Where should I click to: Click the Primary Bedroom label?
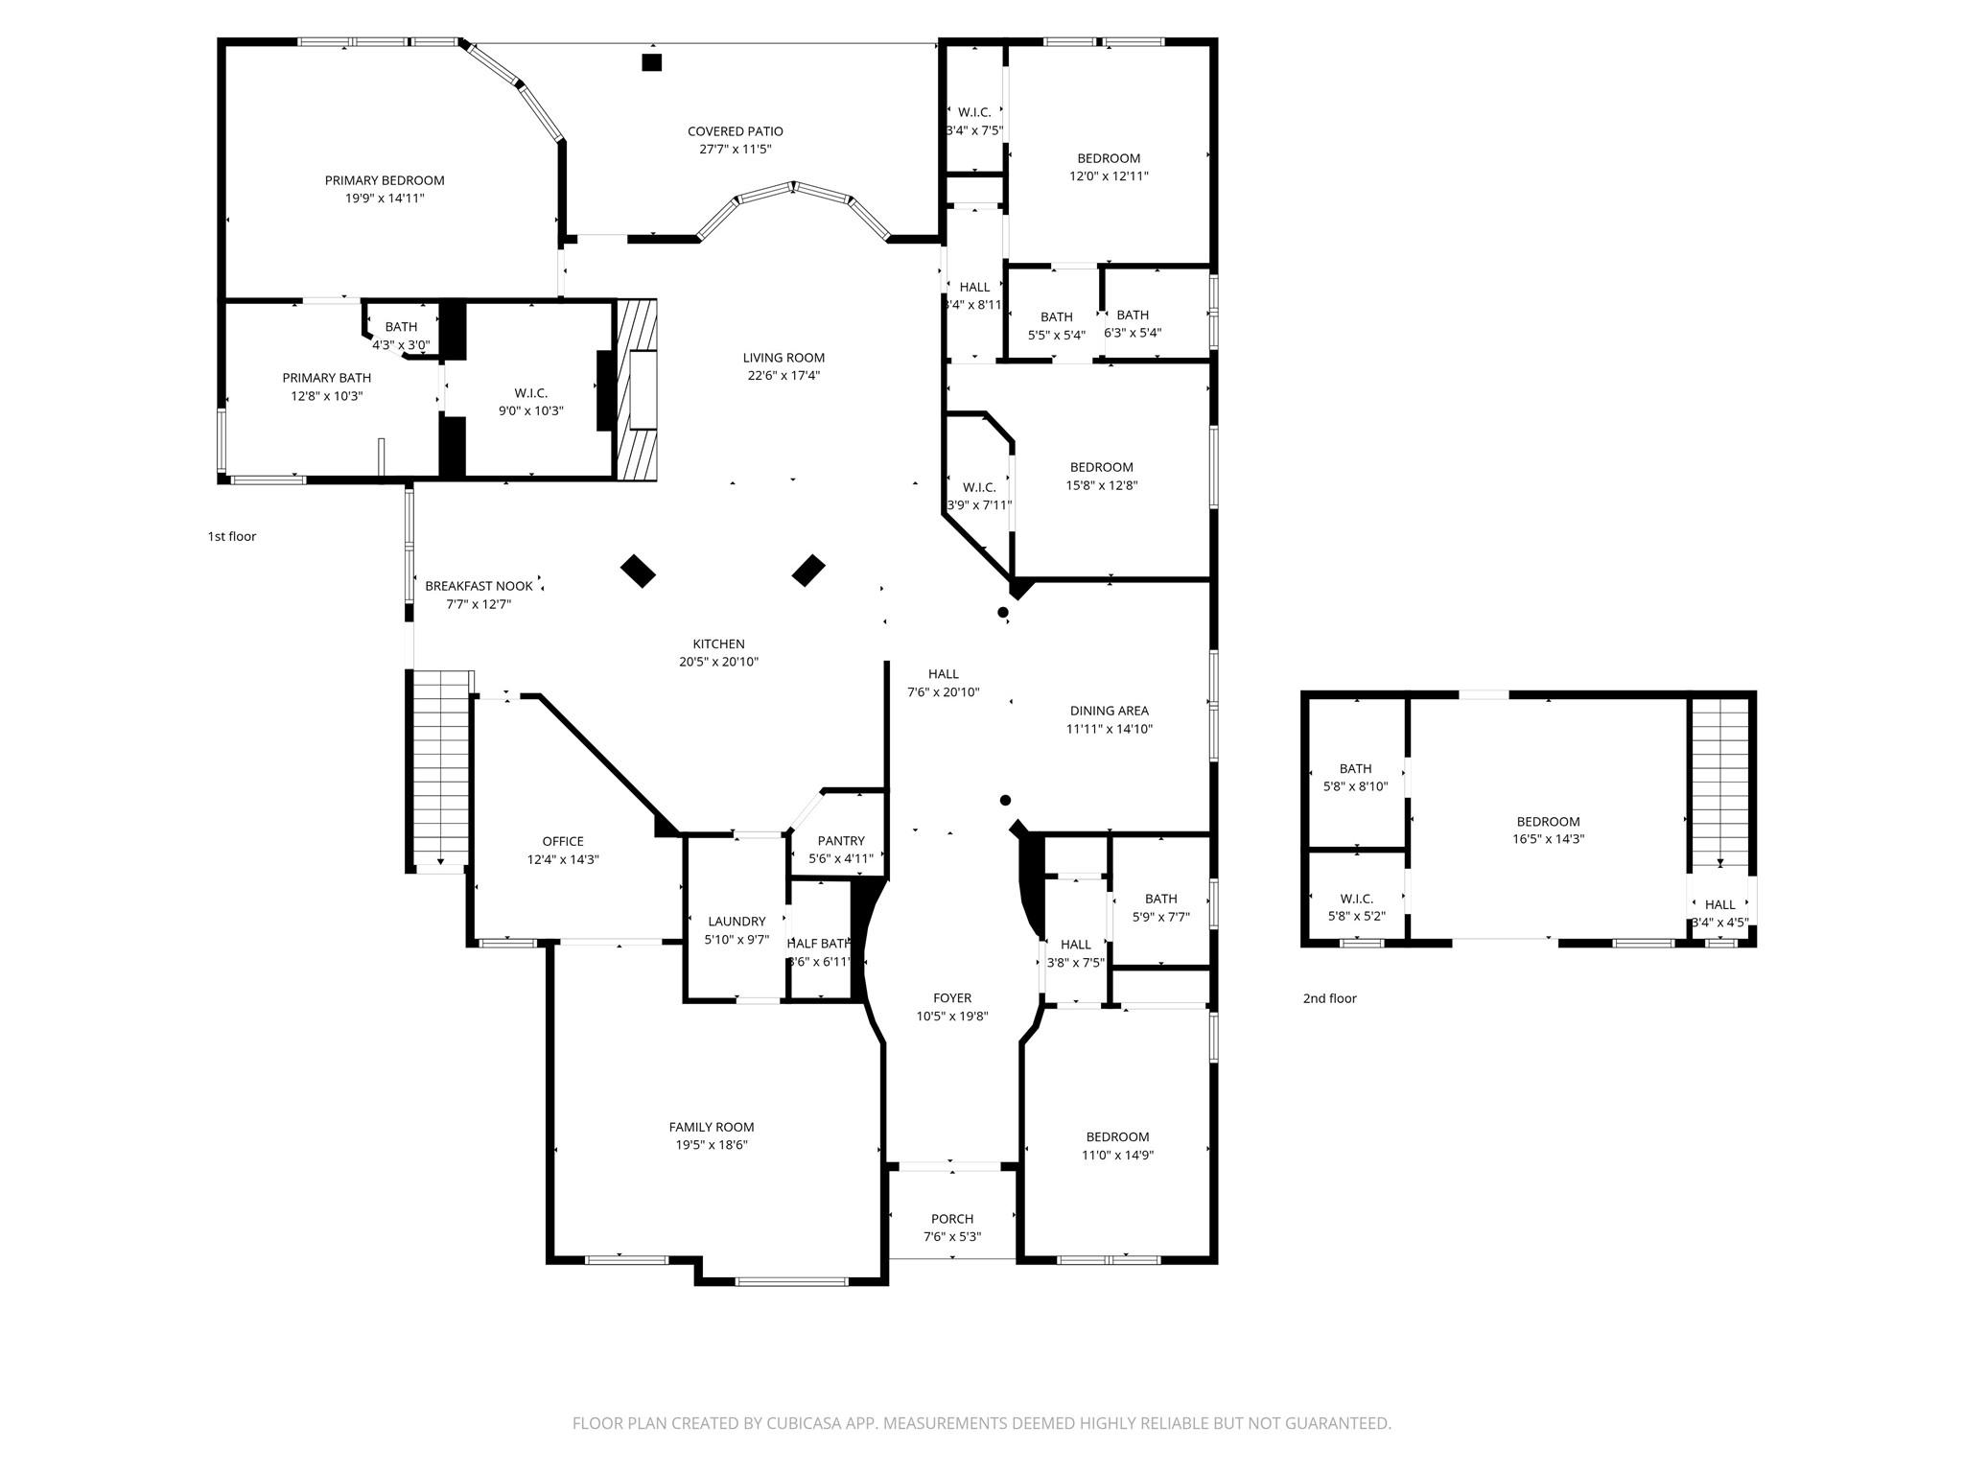[x=384, y=180]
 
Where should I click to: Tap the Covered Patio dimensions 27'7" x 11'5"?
[x=735, y=150]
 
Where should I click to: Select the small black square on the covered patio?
[x=652, y=63]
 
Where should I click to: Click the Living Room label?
[x=783, y=358]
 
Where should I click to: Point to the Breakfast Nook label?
[x=479, y=586]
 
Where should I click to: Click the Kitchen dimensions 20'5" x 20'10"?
[x=718, y=662]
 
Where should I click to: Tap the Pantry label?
[x=841, y=841]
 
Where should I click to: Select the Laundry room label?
[x=736, y=922]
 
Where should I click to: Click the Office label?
[x=562, y=842]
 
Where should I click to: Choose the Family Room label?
[x=711, y=1127]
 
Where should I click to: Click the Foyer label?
[x=951, y=998]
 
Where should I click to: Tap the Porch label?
[x=951, y=1219]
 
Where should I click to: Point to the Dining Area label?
[x=1109, y=711]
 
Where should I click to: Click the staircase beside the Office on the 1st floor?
[x=440, y=767]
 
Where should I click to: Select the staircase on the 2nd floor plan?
[x=1720, y=782]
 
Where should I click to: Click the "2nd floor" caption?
[x=1329, y=998]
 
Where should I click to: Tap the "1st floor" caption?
[x=232, y=536]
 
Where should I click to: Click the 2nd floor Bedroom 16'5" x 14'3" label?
[x=1548, y=822]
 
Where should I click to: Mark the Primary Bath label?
[x=326, y=378]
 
